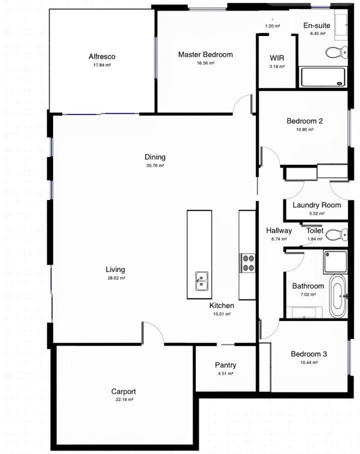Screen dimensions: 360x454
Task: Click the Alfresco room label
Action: pos(102,57)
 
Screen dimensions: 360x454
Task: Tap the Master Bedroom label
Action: pos(206,54)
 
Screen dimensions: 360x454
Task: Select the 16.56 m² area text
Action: pos(206,63)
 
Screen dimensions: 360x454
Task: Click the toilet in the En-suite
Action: pos(337,53)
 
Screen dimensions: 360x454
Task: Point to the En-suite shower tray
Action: pos(323,77)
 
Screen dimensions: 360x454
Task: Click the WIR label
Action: pos(277,58)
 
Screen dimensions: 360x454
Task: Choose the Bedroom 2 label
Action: pos(305,121)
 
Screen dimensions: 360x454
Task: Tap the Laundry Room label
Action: pos(317,205)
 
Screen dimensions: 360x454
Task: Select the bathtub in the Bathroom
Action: pos(337,296)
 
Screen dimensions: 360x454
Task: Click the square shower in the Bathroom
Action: pos(335,262)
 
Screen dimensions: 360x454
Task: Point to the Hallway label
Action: pos(279,231)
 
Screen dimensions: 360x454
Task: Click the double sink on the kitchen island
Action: pos(202,281)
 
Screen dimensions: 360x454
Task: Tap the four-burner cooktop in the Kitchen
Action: pos(247,263)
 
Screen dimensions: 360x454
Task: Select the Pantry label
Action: pos(225,365)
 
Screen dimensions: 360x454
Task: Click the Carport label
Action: pos(123,392)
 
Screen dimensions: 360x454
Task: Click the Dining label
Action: pos(155,157)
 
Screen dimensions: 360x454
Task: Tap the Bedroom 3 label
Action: pos(309,354)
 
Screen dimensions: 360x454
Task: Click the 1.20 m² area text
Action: pos(272,26)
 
